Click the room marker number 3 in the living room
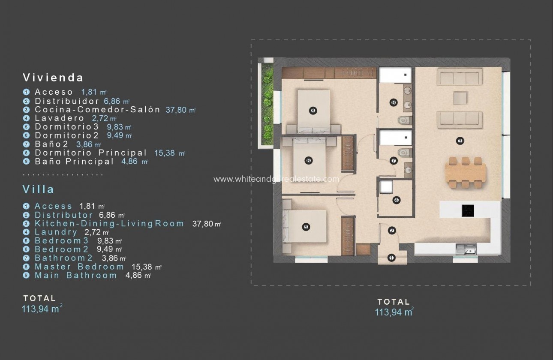[460, 141]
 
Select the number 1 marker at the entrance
[391, 258]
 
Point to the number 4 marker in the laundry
[396, 200]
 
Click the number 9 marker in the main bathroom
[394, 102]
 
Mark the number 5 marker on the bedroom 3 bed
[306, 227]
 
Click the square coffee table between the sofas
[460, 98]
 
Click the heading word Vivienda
[53, 78]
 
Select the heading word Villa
[38, 189]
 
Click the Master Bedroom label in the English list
[79, 267]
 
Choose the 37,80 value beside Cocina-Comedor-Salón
[176, 110]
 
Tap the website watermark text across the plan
[276, 179]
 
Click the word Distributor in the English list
[63, 215]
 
